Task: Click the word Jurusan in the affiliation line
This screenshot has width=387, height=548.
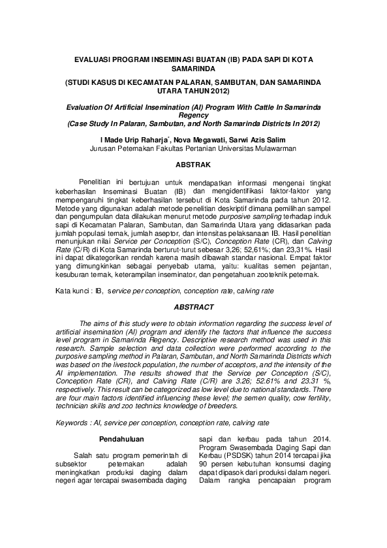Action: pyautogui.click(x=103, y=148)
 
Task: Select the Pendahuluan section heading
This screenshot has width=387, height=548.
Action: pyautogui.click(x=121, y=439)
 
